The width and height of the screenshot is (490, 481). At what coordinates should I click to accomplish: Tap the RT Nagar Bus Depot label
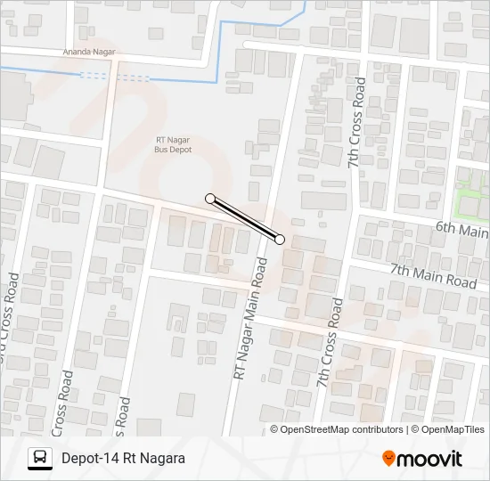click(x=174, y=144)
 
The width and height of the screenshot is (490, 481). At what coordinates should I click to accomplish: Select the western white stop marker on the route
click(x=210, y=199)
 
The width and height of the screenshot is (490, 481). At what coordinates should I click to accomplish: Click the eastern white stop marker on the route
click(x=280, y=239)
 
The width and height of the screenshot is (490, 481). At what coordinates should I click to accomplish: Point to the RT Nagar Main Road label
click(x=250, y=319)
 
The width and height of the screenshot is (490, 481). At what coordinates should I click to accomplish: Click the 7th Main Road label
click(x=433, y=274)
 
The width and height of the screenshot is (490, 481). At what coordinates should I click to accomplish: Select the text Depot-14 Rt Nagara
click(x=123, y=459)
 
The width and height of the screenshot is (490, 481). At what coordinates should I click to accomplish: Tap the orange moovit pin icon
click(x=388, y=459)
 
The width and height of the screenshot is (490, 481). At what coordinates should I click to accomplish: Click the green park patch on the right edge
click(x=472, y=204)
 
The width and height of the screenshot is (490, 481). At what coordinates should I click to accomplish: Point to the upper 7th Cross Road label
click(x=355, y=123)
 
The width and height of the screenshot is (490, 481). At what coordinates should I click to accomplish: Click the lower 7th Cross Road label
click(x=330, y=342)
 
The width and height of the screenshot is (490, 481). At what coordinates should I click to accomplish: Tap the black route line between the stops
click(x=245, y=219)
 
